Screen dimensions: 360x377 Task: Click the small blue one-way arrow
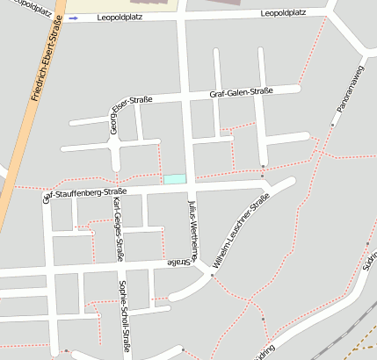coord(73,18)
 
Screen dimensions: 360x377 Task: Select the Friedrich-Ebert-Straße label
coord(46,61)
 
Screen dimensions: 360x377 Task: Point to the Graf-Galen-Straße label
coord(242,91)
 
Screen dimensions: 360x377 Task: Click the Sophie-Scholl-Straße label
coord(125,316)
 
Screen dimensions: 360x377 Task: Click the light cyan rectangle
coord(175,179)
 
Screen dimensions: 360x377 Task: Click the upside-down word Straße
coord(178,262)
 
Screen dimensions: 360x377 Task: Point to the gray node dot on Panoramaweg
coord(332,125)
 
